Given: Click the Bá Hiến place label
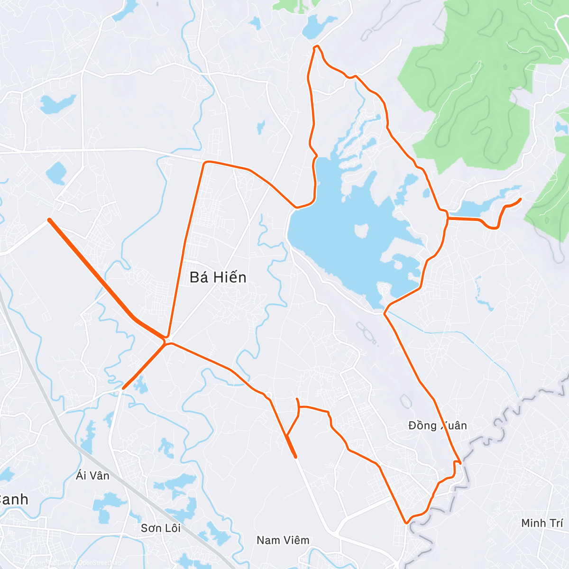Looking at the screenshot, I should [218, 277].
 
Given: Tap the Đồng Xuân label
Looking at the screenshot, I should [437, 425].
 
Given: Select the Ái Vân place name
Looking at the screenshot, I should [92, 475].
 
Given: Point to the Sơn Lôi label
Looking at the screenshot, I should [161, 528].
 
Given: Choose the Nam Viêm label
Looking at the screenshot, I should [283, 540].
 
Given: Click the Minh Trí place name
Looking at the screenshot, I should [542, 523].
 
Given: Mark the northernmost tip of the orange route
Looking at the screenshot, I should [316, 46].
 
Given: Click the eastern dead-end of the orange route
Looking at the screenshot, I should [521, 199].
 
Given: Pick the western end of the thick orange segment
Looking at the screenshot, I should [49, 220].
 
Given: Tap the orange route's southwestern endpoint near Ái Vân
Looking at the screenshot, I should [123, 388].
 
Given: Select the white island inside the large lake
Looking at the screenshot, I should [362, 231].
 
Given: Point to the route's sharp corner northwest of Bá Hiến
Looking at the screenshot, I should [205, 163].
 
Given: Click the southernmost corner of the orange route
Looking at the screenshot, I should [406, 523].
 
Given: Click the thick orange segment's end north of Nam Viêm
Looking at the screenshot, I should [295, 457].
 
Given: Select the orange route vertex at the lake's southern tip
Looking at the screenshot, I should [385, 313].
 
